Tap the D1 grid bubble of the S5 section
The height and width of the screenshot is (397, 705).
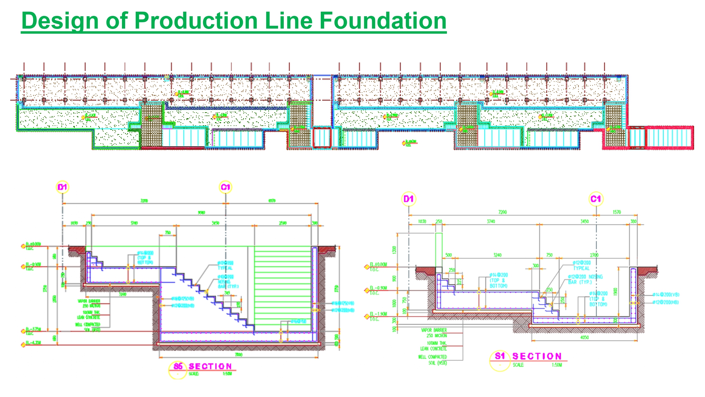(62, 187)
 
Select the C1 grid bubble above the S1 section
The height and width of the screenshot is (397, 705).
(596, 199)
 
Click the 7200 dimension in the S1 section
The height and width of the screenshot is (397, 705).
(502, 212)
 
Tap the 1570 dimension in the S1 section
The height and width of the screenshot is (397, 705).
(617, 212)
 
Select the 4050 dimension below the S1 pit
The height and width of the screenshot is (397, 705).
(584, 337)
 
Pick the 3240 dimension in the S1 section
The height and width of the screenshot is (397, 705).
(497, 255)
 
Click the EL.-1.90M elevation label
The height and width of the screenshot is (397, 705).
(378, 314)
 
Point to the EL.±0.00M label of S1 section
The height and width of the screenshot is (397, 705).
(378, 264)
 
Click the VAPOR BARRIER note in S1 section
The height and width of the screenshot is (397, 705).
(434, 330)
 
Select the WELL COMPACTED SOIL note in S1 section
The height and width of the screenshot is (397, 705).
(433, 357)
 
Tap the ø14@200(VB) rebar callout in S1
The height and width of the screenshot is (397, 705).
(666, 294)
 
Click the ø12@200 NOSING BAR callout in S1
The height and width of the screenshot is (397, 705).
(585, 277)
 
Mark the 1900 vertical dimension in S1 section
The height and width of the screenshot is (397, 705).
(615, 291)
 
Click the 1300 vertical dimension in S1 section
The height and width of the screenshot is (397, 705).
(394, 250)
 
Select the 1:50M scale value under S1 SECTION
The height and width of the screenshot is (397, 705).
(557, 365)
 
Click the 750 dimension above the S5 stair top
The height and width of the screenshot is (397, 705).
(168, 233)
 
